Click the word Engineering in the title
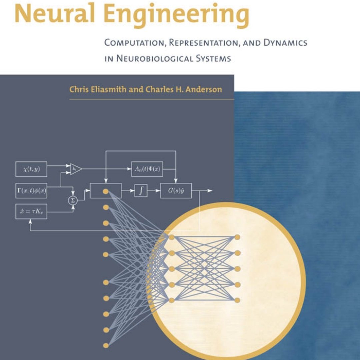(176, 15)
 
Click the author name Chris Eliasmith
(98, 89)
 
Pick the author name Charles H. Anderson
(184, 89)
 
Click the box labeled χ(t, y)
(31, 169)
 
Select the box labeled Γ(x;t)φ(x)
(31, 190)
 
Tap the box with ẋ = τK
(31, 211)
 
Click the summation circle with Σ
(73, 200)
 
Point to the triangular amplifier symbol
(76, 169)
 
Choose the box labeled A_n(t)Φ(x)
(147, 169)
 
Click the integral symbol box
(141, 190)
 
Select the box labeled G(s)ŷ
(176, 190)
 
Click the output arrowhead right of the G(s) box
(210, 190)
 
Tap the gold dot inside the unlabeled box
(106, 191)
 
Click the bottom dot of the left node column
(106, 345)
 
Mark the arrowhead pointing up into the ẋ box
(30, 221)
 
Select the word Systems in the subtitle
(213, 58)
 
